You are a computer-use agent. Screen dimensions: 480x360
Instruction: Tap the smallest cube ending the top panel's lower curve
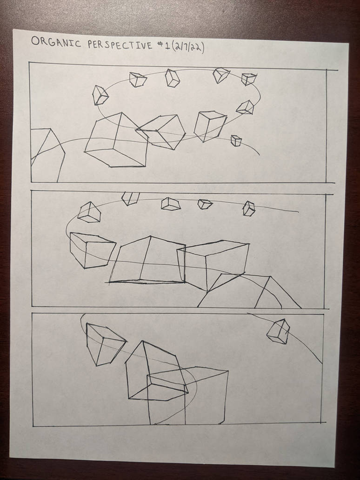[236, 140]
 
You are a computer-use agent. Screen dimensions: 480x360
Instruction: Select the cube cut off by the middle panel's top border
[130, 198]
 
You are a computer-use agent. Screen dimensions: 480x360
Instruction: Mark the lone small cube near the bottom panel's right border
[279, 331]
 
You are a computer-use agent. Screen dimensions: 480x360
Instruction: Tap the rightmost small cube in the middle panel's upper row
[249, 208]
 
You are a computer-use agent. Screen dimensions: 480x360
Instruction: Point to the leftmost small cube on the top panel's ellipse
[100, 95]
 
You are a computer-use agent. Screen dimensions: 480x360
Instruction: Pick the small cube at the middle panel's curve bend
[89, 212]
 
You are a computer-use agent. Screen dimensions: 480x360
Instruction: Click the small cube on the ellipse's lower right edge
[245, 107]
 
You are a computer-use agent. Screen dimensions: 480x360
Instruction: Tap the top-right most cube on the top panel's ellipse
[249, 79]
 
